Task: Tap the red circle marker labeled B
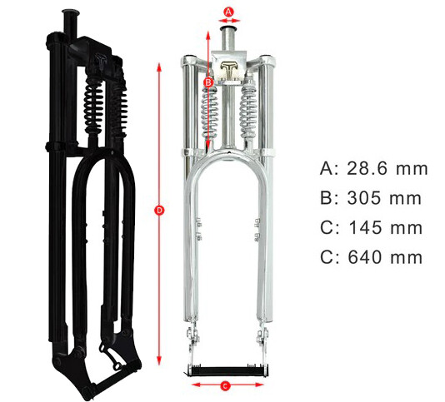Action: click(208, 82)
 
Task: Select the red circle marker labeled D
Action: click(159, 211)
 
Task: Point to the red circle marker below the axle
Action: click(226, 385)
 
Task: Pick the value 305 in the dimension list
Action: click(367, 198)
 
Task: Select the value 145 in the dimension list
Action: click(367, 227)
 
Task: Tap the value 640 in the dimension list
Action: click(367, 256)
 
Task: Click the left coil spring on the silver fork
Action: click(211, 112)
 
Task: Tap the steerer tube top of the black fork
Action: click(68, 14)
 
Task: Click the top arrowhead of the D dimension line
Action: click(159, 63)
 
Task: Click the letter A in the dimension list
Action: click(327, 169)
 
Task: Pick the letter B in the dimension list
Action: click(327, 198)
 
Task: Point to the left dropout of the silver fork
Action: click(194, 341)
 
